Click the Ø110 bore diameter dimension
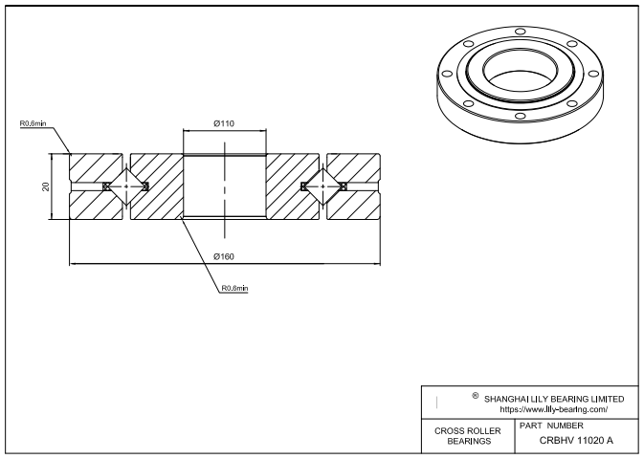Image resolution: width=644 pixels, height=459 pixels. coord(224,123)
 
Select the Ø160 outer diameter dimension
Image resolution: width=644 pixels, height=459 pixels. coord(224,255)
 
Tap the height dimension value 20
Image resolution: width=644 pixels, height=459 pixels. coord(46,186)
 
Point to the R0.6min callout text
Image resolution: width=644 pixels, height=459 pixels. coord(32,123)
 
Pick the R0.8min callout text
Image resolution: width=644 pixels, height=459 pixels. coord(234,288)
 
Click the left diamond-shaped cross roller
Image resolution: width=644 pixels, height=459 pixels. coord(126,186)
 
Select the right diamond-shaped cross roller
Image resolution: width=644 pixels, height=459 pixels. coord(321,186)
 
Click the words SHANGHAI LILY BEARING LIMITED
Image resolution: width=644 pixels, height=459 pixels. coord(554,398)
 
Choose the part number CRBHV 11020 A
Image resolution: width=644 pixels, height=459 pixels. coord(576,440)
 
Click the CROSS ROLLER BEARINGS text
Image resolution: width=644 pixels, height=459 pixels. coord(468,436)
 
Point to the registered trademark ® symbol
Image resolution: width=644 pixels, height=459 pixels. coord(476,395)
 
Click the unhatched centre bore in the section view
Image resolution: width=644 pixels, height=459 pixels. coord(224,186)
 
